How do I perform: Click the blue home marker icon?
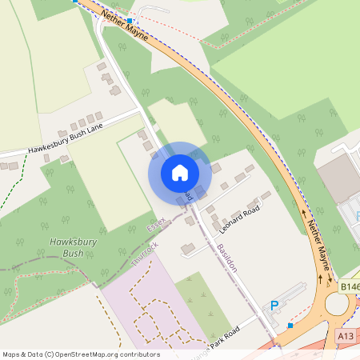coord(179,173)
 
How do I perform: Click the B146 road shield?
coord(349,286)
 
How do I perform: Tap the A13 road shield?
coord(346,337)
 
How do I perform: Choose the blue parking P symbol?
coord(274,306)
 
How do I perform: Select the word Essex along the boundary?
coord(157,222)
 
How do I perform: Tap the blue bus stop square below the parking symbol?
coord(290,325)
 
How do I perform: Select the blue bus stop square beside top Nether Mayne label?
coord(129,20)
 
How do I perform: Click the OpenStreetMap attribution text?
coord(81,354)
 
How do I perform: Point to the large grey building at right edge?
coord(338,178)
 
